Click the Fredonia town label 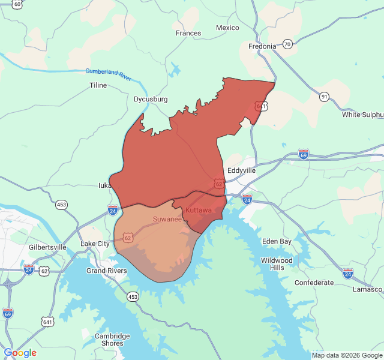(x=262, y=46)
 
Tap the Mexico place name (x=227, y=28)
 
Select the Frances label (x=188, y=33)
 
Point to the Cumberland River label (x=108, y=74)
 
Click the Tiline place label (x=98, y=85)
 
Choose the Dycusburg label (x=151, y=99)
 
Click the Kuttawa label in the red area (x=198, y=211)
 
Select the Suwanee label (x=167, y=220)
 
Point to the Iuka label (x=105, y=185)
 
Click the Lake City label (x=95, y=244)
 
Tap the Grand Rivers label (x=107, y=271)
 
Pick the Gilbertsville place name (x=47, y=247)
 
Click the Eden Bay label (x=277, y=241)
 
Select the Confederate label (x=314, y=283)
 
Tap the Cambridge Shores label (x=112, y=340)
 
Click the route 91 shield (x=324, y=97)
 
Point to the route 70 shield (x=288, y=44)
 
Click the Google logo (x=20, y=353)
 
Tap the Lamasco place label (x=367, y=289)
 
